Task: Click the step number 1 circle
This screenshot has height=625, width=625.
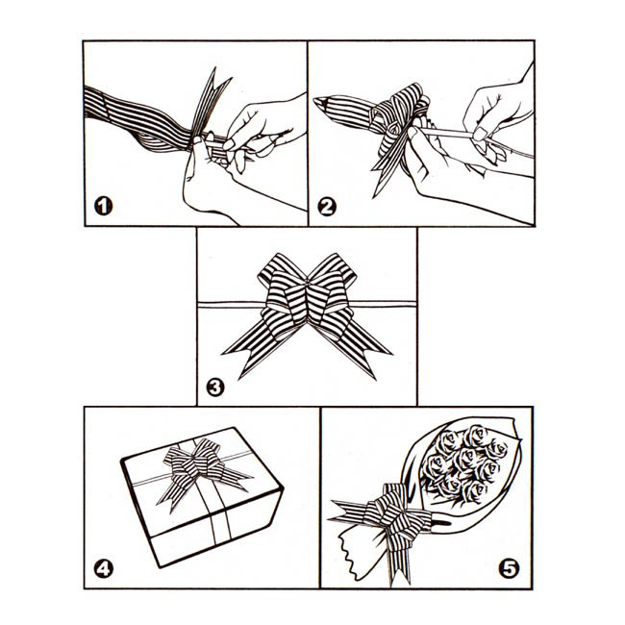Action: [103, 206]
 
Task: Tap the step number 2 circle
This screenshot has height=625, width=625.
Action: [327, 207]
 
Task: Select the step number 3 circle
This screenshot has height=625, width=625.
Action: [215, 387]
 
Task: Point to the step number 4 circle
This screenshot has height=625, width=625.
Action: [104, 569]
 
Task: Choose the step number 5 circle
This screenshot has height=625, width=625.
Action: [509, 568]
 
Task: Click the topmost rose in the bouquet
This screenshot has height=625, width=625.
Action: [476, 436]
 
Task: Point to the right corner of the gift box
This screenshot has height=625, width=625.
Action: [283, 487]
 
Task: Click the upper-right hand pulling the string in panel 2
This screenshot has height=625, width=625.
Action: [498, 115]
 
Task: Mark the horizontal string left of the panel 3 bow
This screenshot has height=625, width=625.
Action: [231, 305]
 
